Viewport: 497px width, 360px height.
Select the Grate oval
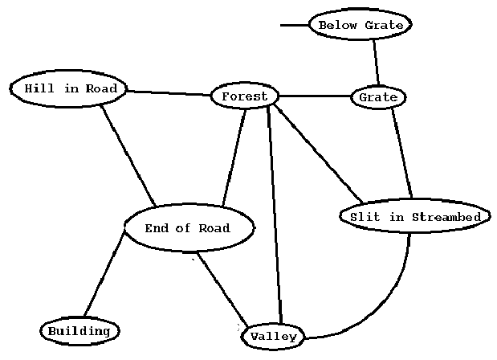tap(378, 97)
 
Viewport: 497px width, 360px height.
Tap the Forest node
tap(244, 96)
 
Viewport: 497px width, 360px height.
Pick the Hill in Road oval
tap(69, 88)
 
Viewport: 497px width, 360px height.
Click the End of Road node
tap(189, 227)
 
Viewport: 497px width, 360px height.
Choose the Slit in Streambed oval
tap(414, 217)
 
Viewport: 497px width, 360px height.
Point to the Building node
tap(79, 331)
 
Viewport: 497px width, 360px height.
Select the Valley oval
tap(273, 336)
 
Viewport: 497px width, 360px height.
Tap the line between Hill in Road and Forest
tap(169, 93)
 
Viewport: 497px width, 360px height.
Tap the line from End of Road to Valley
tap(222, 290)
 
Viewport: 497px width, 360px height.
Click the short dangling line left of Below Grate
tap(294, 25)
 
